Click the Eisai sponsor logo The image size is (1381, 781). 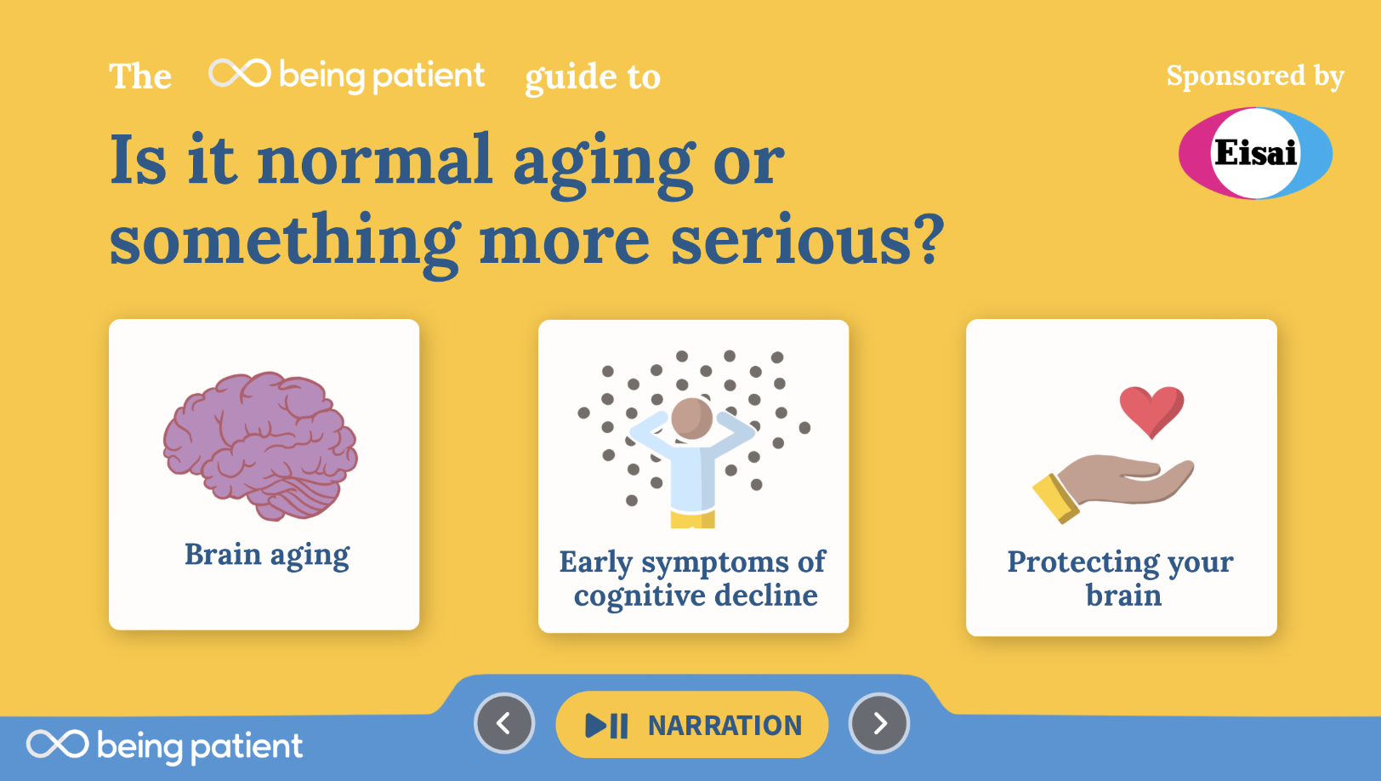[x=1255, y=153]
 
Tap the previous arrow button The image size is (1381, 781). [x=504, y=723]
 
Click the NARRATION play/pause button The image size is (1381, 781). [x=691, y=724]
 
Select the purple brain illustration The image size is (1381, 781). [x=260, y=446]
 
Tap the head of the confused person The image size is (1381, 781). [x=691, y=419]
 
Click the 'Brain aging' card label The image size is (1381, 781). [x=267, y=555]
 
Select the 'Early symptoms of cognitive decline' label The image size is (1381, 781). [x=693, y=579]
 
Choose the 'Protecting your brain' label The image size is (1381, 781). [x=1121, y=579]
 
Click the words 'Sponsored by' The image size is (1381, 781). [x=1255, y=76]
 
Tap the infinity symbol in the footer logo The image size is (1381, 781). [x=57, y=744]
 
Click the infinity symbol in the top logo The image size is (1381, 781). [x=239, y=73]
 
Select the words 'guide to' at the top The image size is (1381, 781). [x=593, y=77]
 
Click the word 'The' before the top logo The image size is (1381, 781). [x=140, y=76]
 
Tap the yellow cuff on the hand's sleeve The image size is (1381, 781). [x=1055, y=499]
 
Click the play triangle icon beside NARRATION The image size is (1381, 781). [x=595, y=726]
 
